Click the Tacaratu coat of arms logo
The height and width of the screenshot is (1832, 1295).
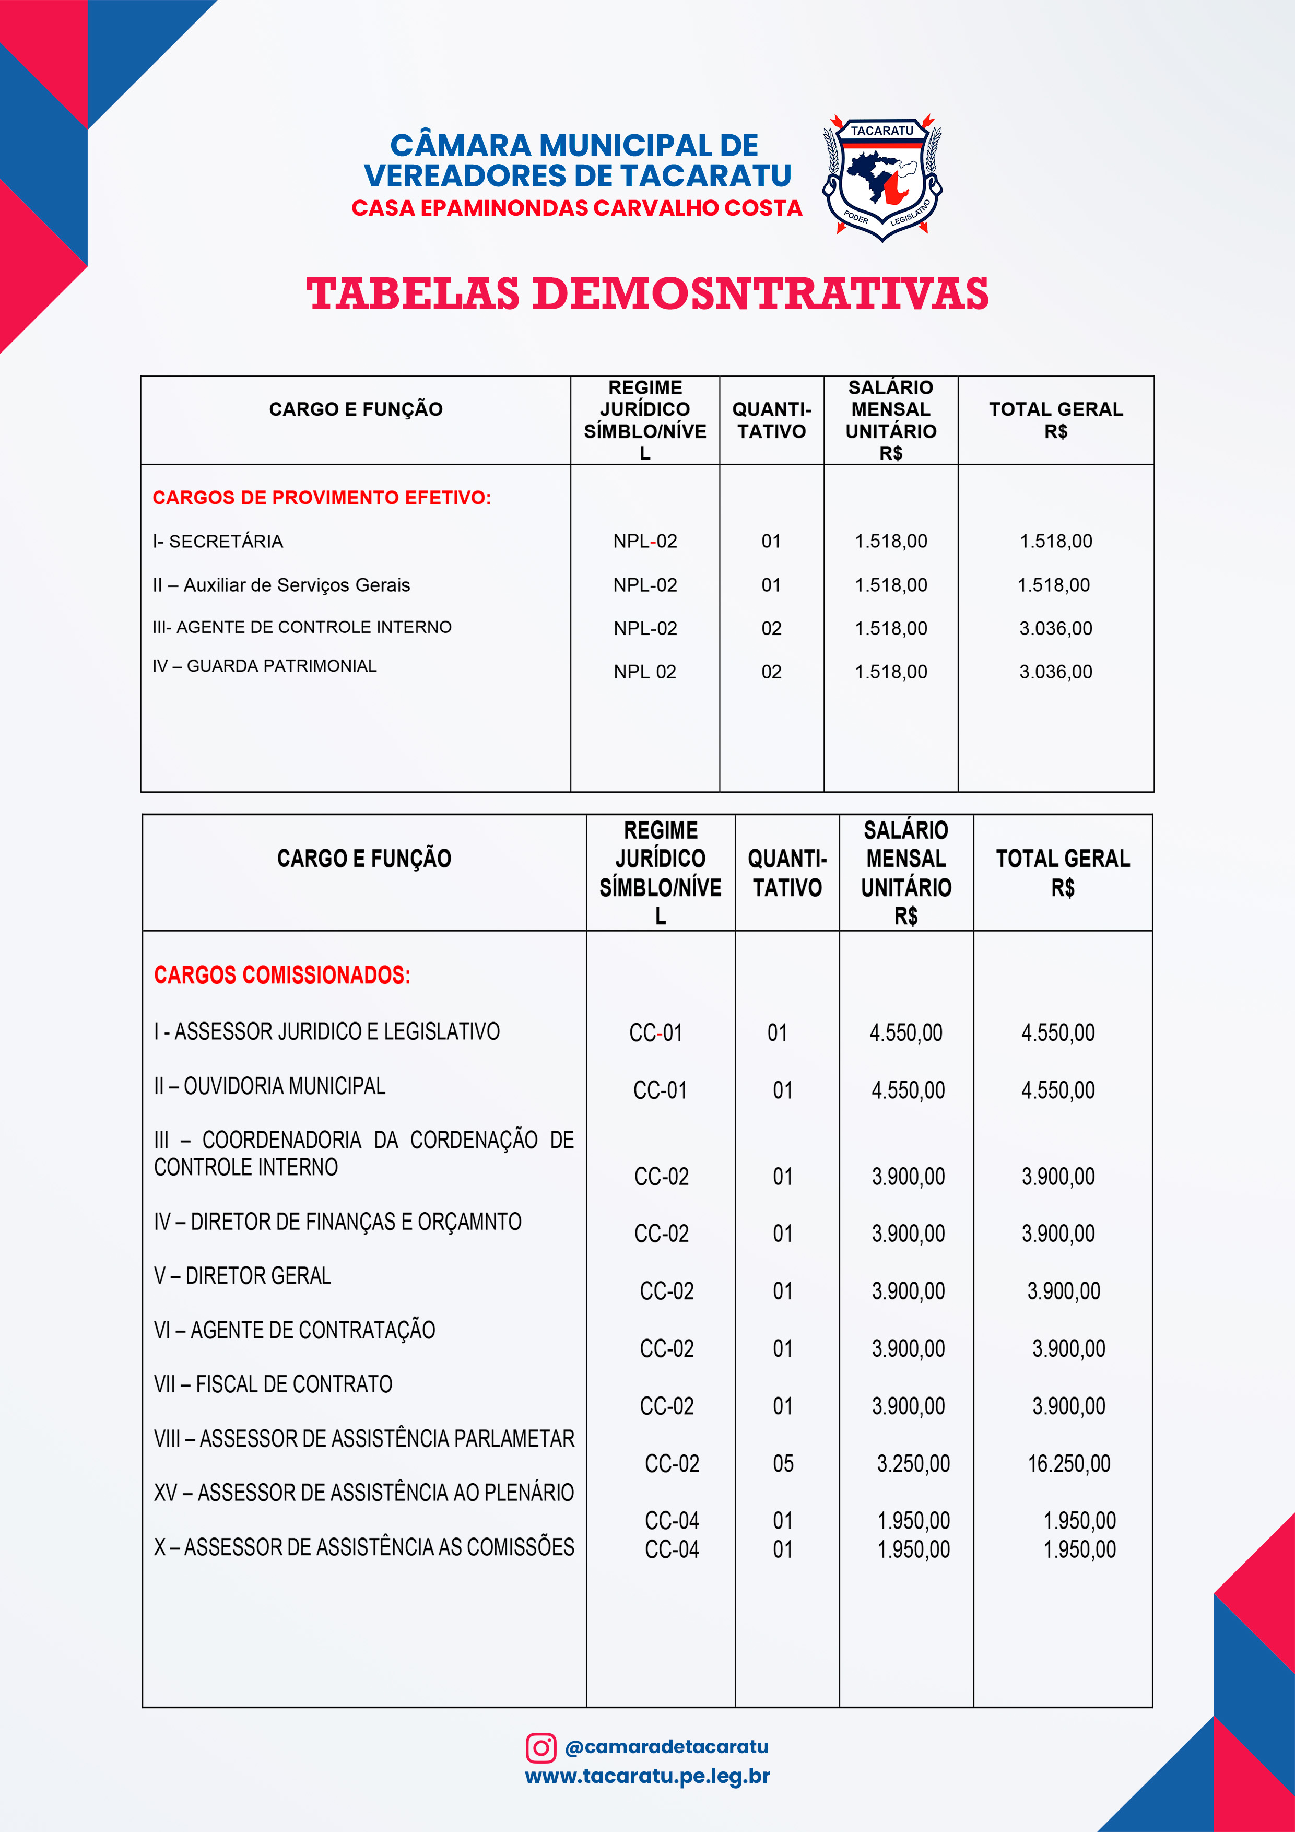[x=881, y=177]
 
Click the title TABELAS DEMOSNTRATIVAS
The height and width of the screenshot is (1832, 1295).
[x=647, y=293]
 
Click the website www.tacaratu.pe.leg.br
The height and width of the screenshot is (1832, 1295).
[x=647, y=1776]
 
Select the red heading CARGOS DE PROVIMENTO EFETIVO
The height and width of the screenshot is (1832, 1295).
[x=322, y=498]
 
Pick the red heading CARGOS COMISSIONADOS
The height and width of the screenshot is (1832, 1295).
[x=281, y=975]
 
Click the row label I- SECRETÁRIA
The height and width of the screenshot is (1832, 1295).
[x=218, y=542]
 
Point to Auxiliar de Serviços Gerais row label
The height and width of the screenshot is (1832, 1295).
[x=281, y=585]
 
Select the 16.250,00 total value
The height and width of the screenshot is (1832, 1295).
[x=1068, y=1463]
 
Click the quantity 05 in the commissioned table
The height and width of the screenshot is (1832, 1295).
[x=783, y=1463]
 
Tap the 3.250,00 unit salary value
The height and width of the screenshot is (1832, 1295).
[x=913, y=1463]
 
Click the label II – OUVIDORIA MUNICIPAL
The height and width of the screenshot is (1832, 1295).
[x=269, y=1086]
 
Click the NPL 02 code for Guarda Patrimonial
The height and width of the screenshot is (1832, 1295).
[x=645, y=672]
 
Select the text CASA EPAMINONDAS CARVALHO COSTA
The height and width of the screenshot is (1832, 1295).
[x=576, y=208]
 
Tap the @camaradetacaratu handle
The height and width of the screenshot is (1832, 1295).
[x=666, y=1747]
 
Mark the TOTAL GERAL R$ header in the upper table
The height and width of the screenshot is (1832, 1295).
[x=1056, y=420]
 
